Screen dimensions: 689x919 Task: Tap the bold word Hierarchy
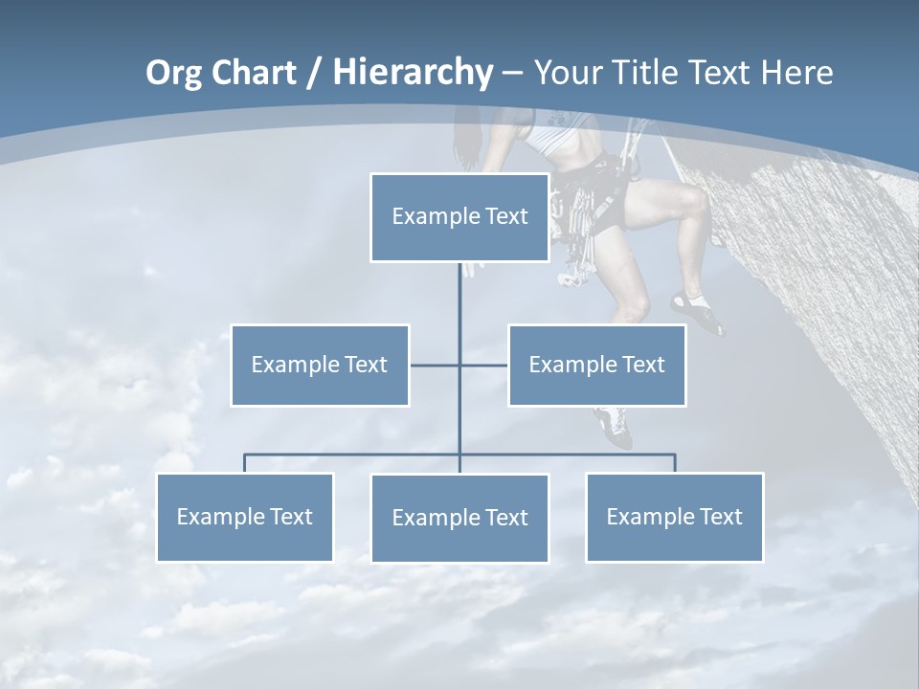[x=413, y=73]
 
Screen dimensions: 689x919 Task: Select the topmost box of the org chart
[x=459, y=217]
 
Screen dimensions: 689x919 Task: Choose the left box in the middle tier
[x=320, y=366]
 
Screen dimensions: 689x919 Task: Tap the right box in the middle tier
[x=597, y=366]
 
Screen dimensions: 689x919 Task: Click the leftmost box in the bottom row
[x=244, y=518]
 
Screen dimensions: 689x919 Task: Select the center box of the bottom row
[x=459, y=519]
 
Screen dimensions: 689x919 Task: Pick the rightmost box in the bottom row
[x=674, y=518]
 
